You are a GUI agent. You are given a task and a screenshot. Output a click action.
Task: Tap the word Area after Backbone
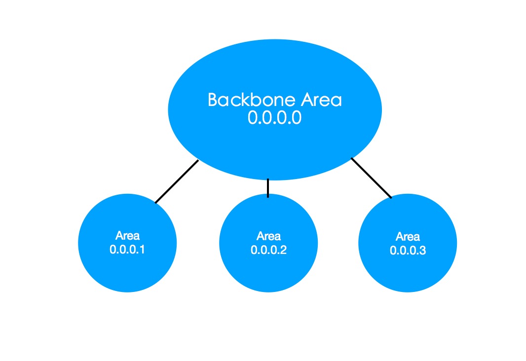point(321,100)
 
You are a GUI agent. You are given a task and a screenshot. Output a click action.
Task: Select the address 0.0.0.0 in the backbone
point(274,119)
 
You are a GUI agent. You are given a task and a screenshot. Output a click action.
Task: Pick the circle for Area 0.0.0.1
point(127,266)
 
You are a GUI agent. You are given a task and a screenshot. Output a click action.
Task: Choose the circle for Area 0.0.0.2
point(268,266)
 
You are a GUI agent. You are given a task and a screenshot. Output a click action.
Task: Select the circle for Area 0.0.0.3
point(408,266)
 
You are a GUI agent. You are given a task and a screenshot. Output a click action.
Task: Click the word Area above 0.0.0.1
point(127,235)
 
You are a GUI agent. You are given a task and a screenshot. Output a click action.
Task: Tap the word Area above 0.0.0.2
point(268,235)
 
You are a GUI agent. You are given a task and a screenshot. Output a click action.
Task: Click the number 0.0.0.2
point(268,250)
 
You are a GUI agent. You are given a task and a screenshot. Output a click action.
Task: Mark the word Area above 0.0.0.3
point(408,236)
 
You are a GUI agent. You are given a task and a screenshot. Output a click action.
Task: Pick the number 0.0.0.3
point(408,250)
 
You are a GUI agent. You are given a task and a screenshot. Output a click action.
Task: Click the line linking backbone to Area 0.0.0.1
point(177,181)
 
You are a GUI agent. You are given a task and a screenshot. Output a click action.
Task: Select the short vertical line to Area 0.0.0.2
point(268,188)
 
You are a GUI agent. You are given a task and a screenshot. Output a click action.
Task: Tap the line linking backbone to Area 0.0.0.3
point(371,178)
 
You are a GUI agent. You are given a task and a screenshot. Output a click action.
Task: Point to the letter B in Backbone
point(213,100)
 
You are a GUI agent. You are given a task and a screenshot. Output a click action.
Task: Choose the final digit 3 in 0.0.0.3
point(422,250)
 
